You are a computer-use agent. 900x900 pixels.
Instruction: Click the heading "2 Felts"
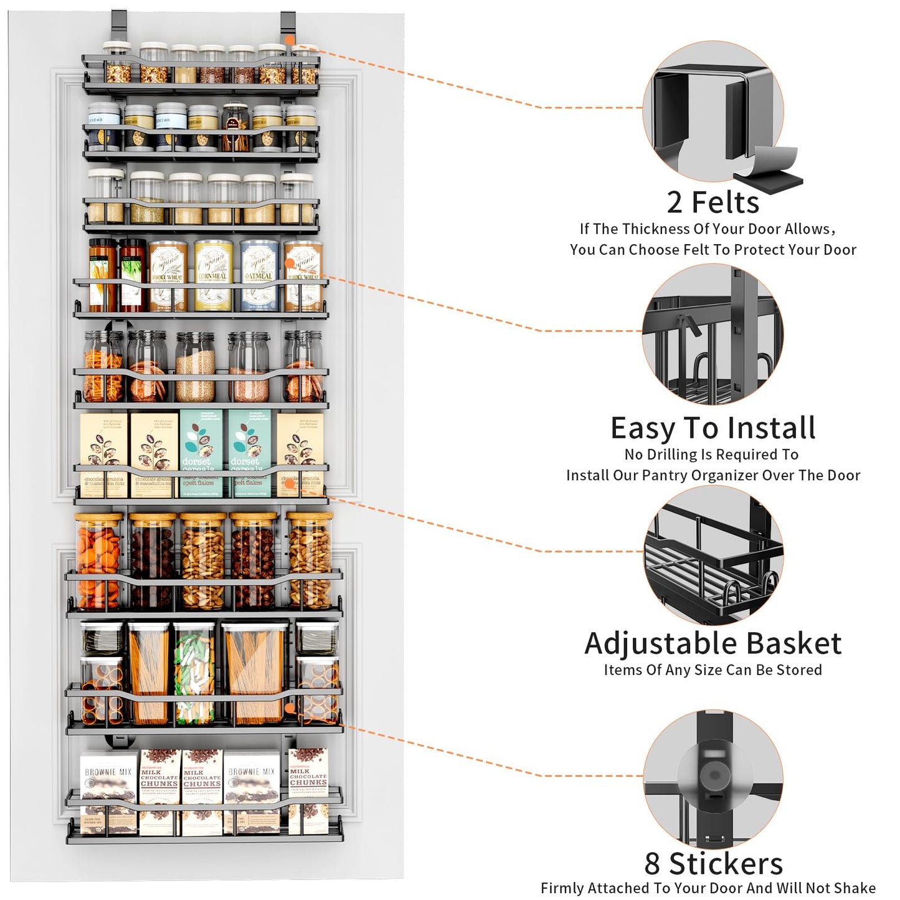pyautogui.click(x=713, y=202)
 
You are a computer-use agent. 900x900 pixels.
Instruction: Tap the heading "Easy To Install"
pyautogui.click(x=713, y=428)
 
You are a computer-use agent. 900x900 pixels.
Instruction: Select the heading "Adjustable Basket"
pyautogui.click(x=713, y=643)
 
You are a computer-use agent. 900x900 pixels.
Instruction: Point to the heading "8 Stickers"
pyautogui.click(x=713, y=863)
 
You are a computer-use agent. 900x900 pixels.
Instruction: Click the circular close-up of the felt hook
pyautogui.click(x=713, y=112)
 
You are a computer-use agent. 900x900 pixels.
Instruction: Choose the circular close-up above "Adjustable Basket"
pyautogui.click(x=713, y=554)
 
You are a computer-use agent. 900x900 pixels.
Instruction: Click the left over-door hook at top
pyautogui.click(x=118, y=28)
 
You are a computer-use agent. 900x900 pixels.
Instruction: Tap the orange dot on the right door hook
pyautogui.click(x=289, y=39)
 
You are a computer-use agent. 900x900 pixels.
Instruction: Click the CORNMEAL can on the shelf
pyautogui.click(x=213, y=275)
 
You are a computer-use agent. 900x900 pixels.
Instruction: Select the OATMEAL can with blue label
pyautogui.click(x=258, y=275)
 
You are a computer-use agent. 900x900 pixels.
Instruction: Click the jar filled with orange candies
pyautogui.click(x=98, y=561)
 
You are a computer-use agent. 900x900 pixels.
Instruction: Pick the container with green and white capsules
pyautogui.click(x=194, y=673)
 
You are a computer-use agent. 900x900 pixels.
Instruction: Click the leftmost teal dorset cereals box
pyautogui.click(x=201, y=452)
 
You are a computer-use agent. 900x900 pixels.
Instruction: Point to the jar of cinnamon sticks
pyautogui.click(x=234, y=128)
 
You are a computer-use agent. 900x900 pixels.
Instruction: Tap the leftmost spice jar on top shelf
pyautogui.click(x=116, y=64)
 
